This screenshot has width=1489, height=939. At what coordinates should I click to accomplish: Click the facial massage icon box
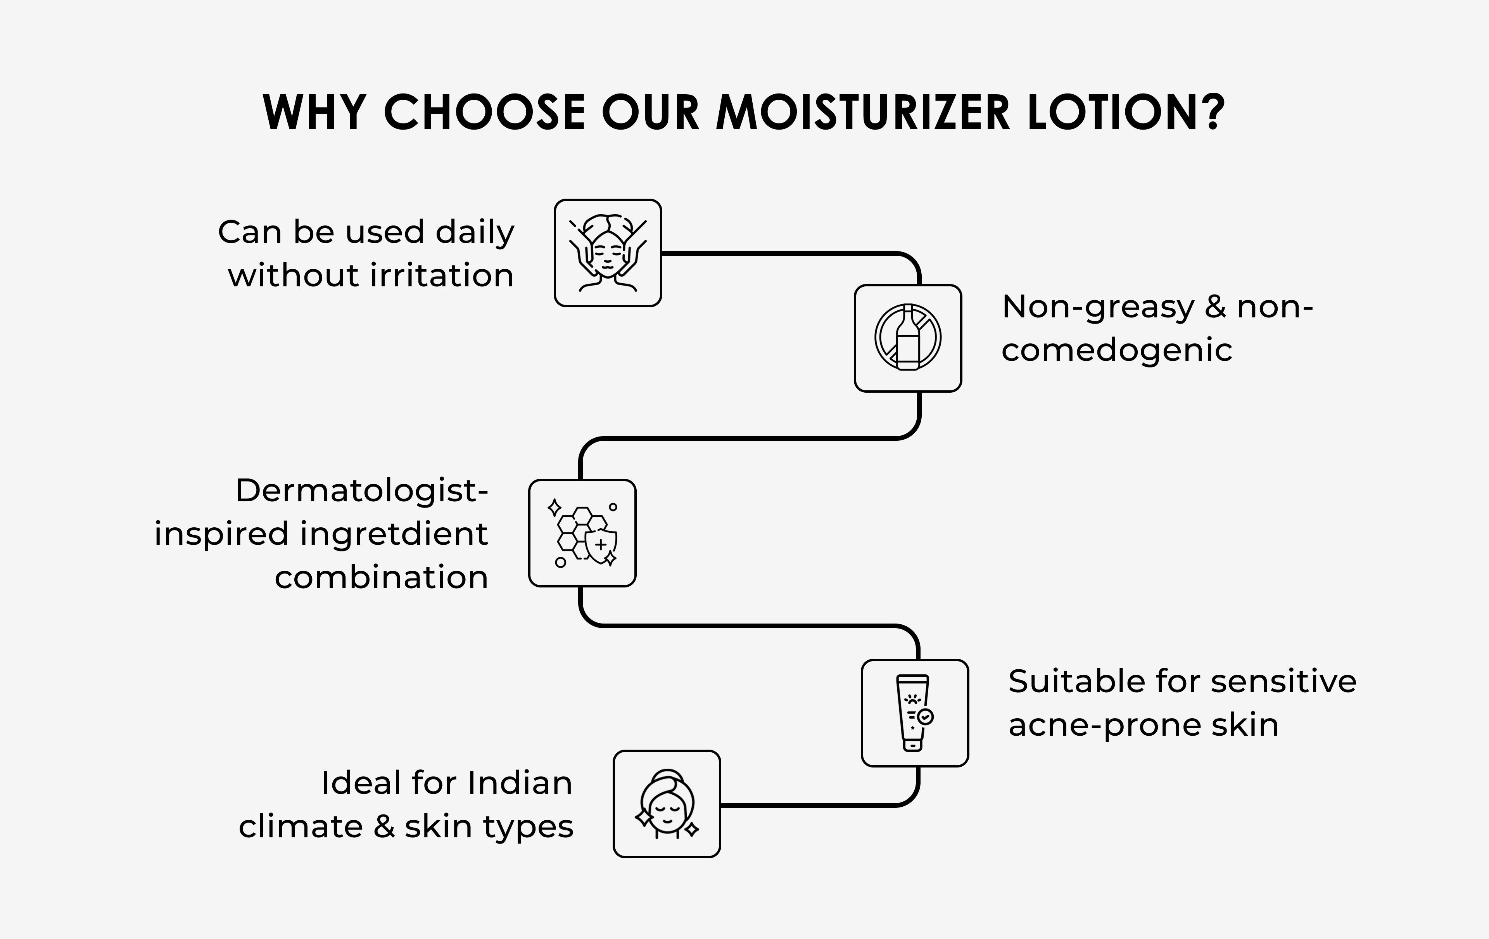(608, 253)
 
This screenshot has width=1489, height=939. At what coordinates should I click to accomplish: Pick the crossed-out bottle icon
(908, 338)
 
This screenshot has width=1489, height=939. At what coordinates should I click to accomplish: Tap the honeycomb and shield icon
(582, 533)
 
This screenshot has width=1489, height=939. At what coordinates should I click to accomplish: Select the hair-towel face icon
(667, 804)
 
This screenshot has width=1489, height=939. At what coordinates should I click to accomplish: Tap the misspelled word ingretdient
(394, 534)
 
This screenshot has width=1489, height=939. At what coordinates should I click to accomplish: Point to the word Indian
(520, 783)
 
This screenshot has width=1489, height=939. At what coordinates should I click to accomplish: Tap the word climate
(301, 826)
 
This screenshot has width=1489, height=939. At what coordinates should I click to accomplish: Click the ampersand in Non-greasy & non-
(1215, 307)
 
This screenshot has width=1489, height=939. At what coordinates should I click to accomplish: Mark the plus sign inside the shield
(600, 545)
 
